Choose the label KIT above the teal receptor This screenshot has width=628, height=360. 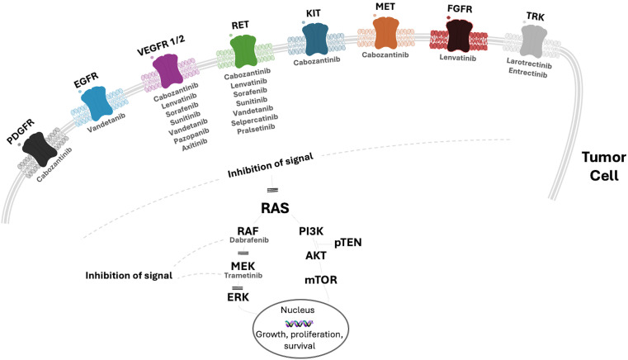pyautogui.click(x=314, y=14)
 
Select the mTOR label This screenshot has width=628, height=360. pyautogui.click(x=321, y=280)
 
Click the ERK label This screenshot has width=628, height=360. pyautogui.click(x=238, y=296)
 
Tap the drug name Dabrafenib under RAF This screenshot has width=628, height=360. pyautogui.click(x=244, y=241)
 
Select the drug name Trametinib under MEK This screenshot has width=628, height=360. pyautogui.click(x=243, y=276)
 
